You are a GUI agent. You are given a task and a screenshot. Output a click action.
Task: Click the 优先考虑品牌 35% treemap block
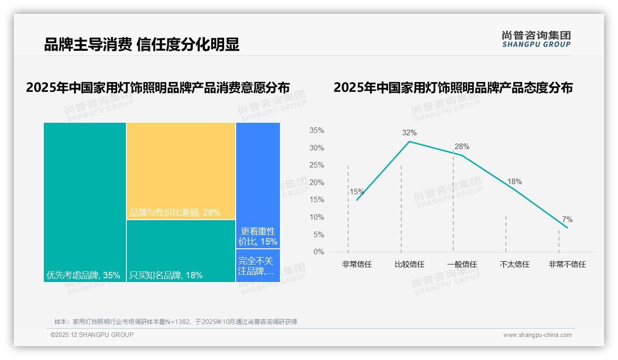pos(85,202)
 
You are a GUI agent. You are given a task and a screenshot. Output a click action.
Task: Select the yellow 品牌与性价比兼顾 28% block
pos(181,171)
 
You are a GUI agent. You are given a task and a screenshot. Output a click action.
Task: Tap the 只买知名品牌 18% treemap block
pos(181,251)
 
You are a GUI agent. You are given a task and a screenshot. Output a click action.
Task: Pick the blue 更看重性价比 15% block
pos(258,186)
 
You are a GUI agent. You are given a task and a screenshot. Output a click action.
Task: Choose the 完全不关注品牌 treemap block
pos(258,265)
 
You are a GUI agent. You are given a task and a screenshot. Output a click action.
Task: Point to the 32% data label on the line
pos(409,133)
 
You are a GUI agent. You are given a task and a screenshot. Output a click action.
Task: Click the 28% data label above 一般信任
pos(462,147)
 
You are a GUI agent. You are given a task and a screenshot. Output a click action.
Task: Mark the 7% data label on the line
pos(567,220)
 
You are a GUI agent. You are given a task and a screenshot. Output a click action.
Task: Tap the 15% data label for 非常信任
pos(357,192)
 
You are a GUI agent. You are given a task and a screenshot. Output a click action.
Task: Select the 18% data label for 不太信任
pos(514,182)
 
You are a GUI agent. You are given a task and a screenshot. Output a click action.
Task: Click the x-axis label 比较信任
pos(409,264)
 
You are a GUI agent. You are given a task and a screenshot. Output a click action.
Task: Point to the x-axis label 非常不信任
pos(567,264)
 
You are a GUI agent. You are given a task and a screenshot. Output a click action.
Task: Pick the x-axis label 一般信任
pos(462,264)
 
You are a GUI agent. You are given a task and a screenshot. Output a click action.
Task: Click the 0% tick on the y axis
pos(319,252)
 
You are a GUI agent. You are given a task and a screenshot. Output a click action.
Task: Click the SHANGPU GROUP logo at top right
pos(536,39)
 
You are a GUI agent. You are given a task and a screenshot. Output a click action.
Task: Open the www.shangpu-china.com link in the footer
pos(537,335)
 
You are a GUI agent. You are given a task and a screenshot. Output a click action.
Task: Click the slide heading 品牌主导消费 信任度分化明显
pos(142,45)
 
